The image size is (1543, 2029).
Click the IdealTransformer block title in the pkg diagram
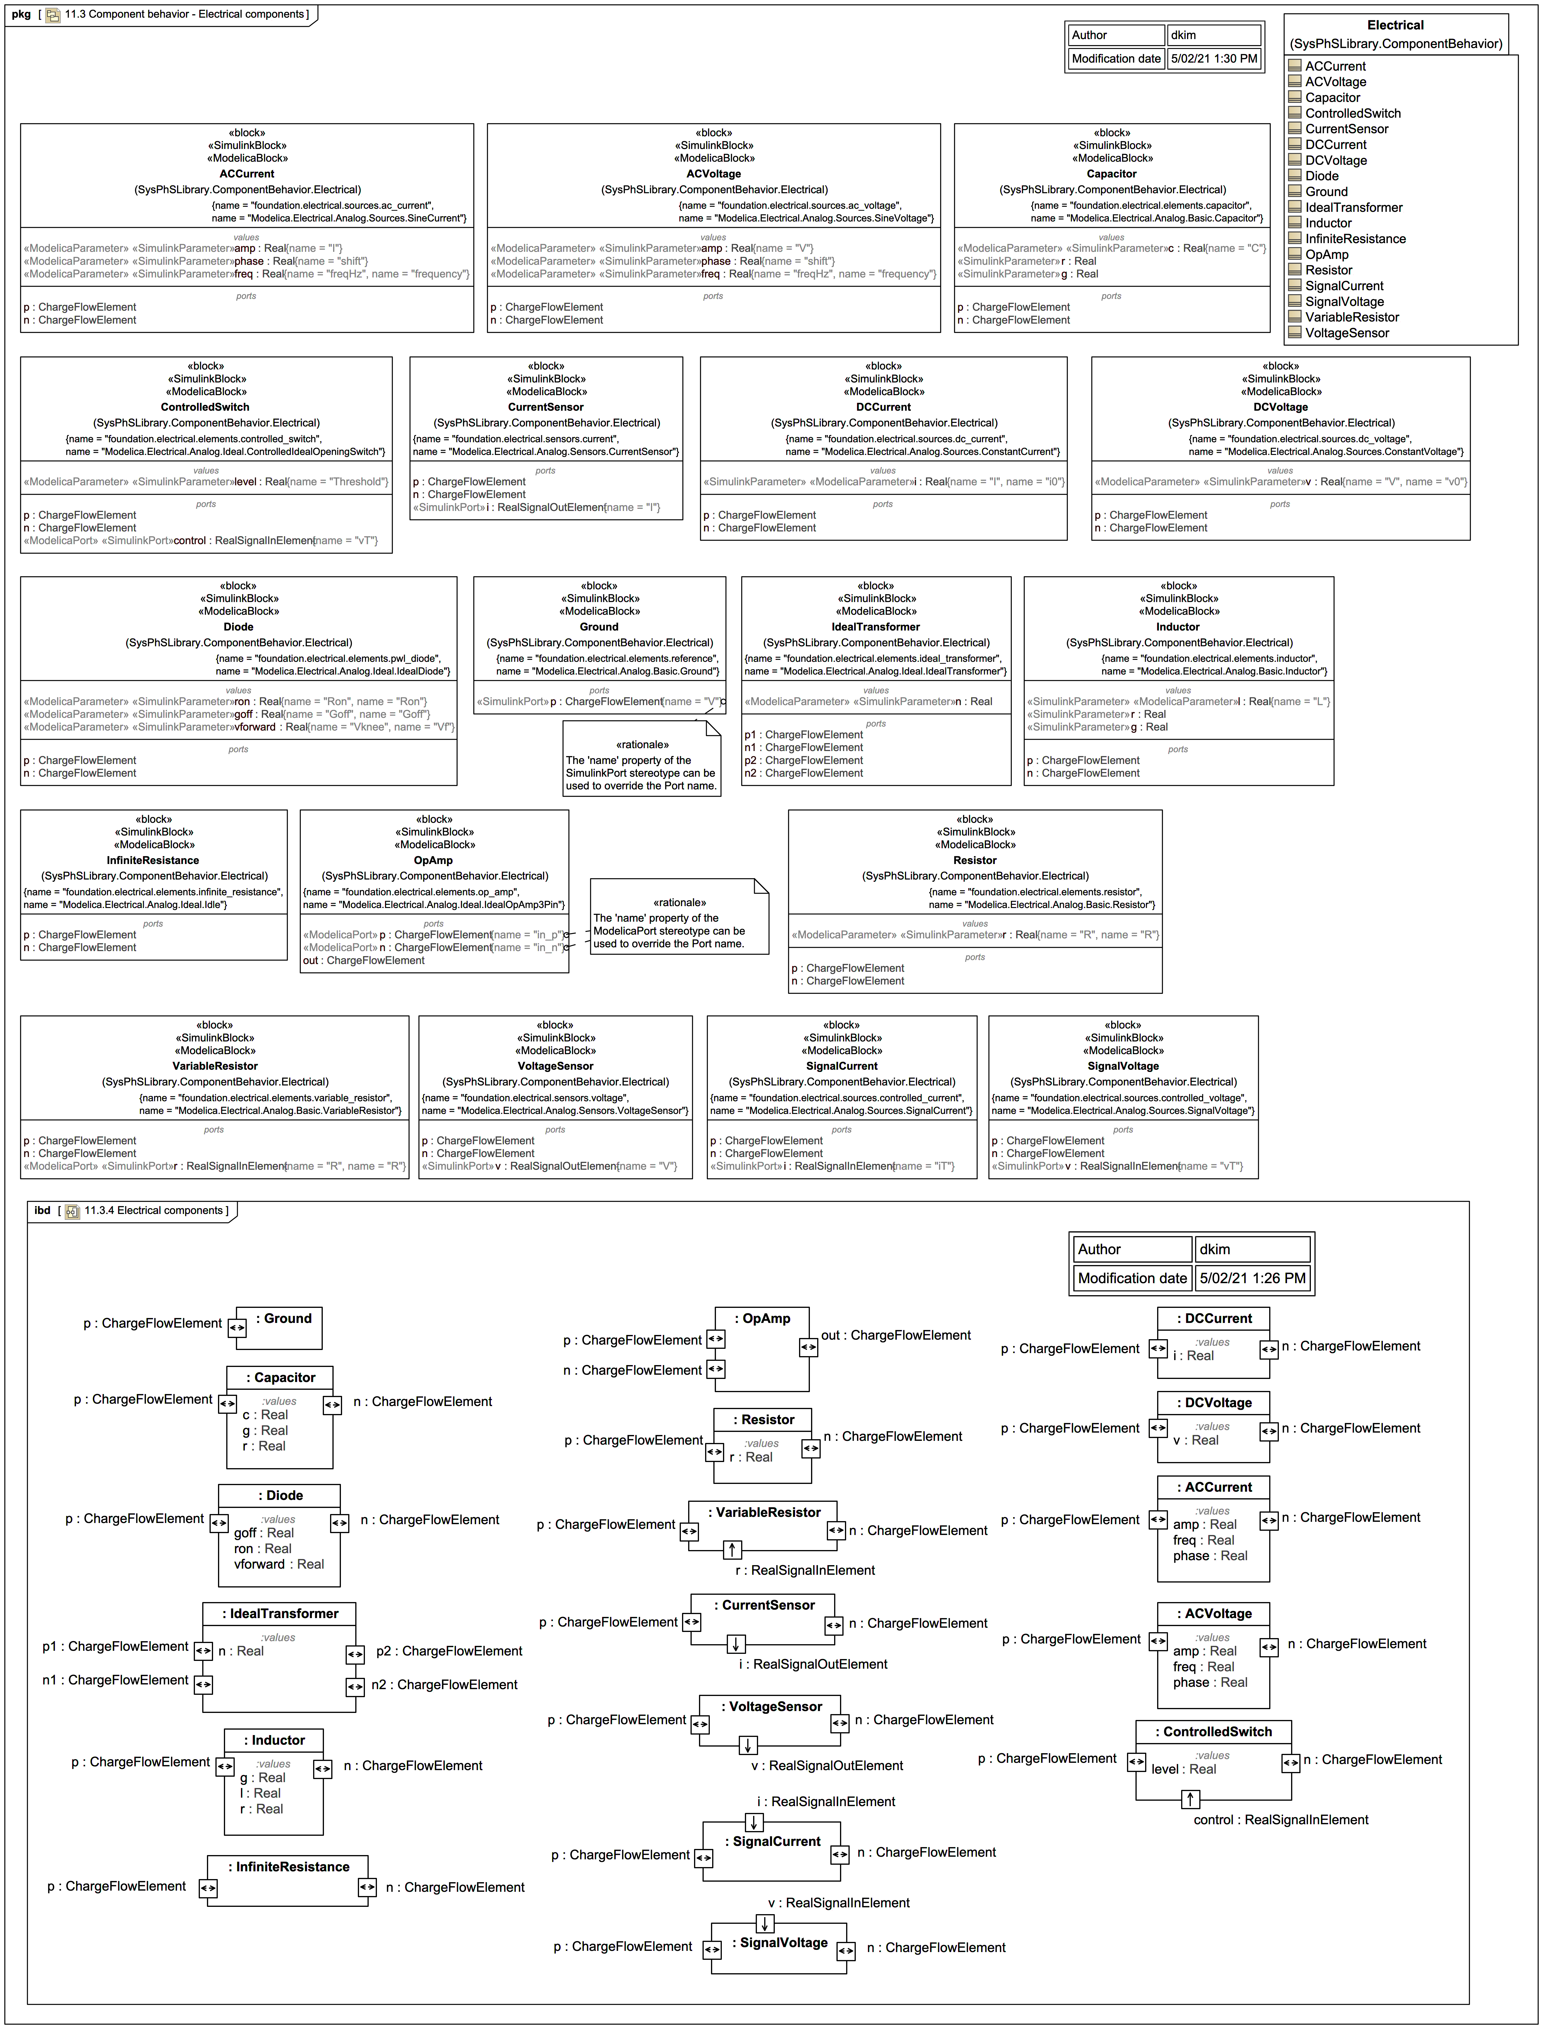point(875,627)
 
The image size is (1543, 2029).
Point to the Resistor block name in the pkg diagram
point(974,860)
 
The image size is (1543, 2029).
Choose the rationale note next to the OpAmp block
point(679,918)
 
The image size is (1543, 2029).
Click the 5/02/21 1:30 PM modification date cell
point(1213,59)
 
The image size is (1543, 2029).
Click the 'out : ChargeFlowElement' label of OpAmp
point(896,1336)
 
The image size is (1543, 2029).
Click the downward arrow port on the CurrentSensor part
point(736,1643)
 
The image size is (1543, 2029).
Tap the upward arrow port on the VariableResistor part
point(732,1550)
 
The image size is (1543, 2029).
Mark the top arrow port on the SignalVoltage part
point(764,1922)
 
